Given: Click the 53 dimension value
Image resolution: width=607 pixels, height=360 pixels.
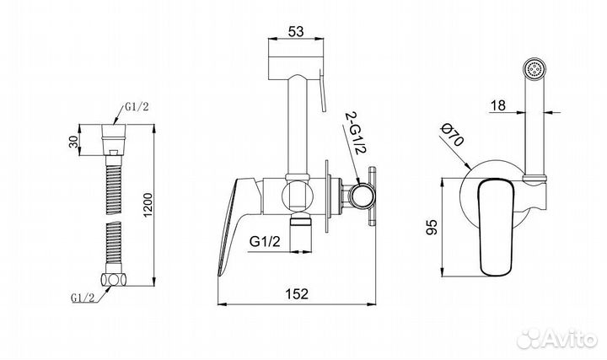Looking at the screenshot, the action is pyautogui.click(x=296, y=31).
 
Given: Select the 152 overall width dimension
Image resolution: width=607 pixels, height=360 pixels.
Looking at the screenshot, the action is pyautogui.click(x=297, y=293).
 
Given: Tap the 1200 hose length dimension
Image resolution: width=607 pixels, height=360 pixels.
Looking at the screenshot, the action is pyautogui.click(x=148, y=205).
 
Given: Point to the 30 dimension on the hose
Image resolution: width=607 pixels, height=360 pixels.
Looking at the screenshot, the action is pyautogui.click(x=74, y=140).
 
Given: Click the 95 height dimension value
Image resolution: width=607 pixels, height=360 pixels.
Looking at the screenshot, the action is pyautogui.click(x=432, y=228).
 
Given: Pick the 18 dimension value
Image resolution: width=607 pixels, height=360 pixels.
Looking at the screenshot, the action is pyautogui.click(x=498, y=105).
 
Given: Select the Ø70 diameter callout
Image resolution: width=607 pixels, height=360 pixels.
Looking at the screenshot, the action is pyautogui.click(x=452, y=135).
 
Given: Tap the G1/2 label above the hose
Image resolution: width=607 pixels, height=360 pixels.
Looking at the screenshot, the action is pyautogui.click(x=137, y=107).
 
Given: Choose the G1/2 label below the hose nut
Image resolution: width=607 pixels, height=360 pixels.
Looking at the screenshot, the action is pyautogui.click(x=83, y=298).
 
